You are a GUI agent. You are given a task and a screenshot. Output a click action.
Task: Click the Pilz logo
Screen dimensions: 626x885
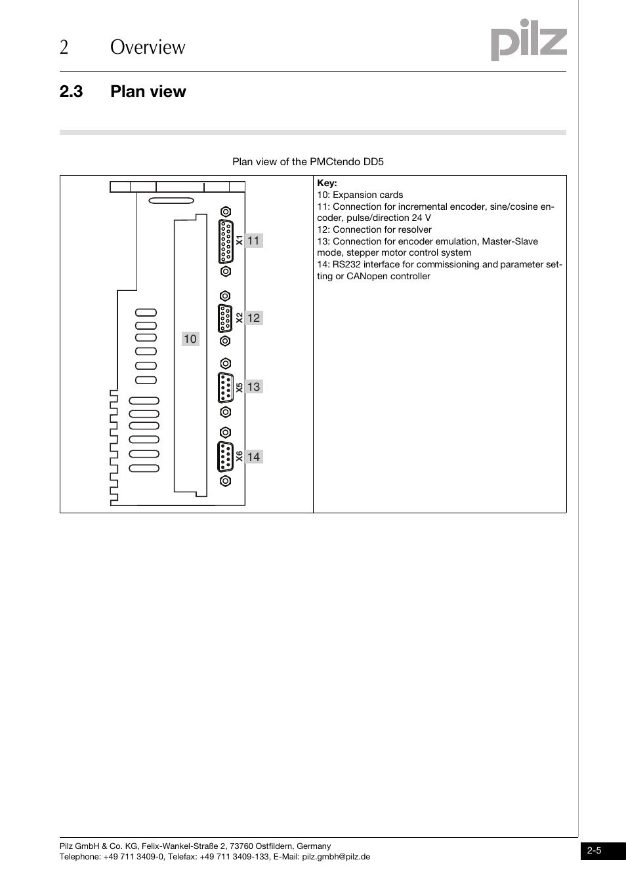pos(529,42)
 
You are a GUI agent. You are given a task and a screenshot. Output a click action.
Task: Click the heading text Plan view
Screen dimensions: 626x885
pos(148,92)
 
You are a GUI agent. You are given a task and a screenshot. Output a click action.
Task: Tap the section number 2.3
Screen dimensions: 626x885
pos(71,92)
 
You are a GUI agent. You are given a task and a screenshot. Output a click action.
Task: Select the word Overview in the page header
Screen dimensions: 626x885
pos(148,47)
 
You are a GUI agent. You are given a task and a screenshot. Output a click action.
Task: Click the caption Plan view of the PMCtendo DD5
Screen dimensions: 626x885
pos(308,162)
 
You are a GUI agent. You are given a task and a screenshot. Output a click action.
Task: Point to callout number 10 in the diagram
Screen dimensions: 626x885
pos(190,339)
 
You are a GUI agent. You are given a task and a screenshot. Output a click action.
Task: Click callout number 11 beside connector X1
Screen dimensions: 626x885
pos(254,241)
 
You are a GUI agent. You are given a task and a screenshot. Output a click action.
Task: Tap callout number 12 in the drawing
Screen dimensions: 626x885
pos(254,318)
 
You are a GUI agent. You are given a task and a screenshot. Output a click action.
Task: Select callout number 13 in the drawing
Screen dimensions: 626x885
pos(254,387)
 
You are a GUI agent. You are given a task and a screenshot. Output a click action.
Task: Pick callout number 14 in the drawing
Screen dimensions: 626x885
pos(254,457)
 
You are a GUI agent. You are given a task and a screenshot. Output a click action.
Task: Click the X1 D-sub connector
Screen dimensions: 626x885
pos(225,241)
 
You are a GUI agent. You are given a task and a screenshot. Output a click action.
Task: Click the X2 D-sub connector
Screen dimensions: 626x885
pos(225,319)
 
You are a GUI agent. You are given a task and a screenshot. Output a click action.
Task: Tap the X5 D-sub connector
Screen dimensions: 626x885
pos(225,387)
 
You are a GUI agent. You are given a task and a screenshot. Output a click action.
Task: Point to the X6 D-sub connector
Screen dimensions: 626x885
pos(225,457)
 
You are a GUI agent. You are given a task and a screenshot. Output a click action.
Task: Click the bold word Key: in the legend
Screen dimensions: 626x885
pos(327,184)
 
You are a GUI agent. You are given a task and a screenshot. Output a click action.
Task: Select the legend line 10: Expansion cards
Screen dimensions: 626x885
pos(360,195)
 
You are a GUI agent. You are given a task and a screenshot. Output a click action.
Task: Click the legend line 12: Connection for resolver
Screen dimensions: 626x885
pos(374,229)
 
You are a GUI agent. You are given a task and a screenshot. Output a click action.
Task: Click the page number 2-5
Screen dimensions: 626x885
pos(595,851)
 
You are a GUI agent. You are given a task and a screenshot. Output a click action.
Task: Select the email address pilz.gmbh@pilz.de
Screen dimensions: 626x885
pos(336,857)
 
